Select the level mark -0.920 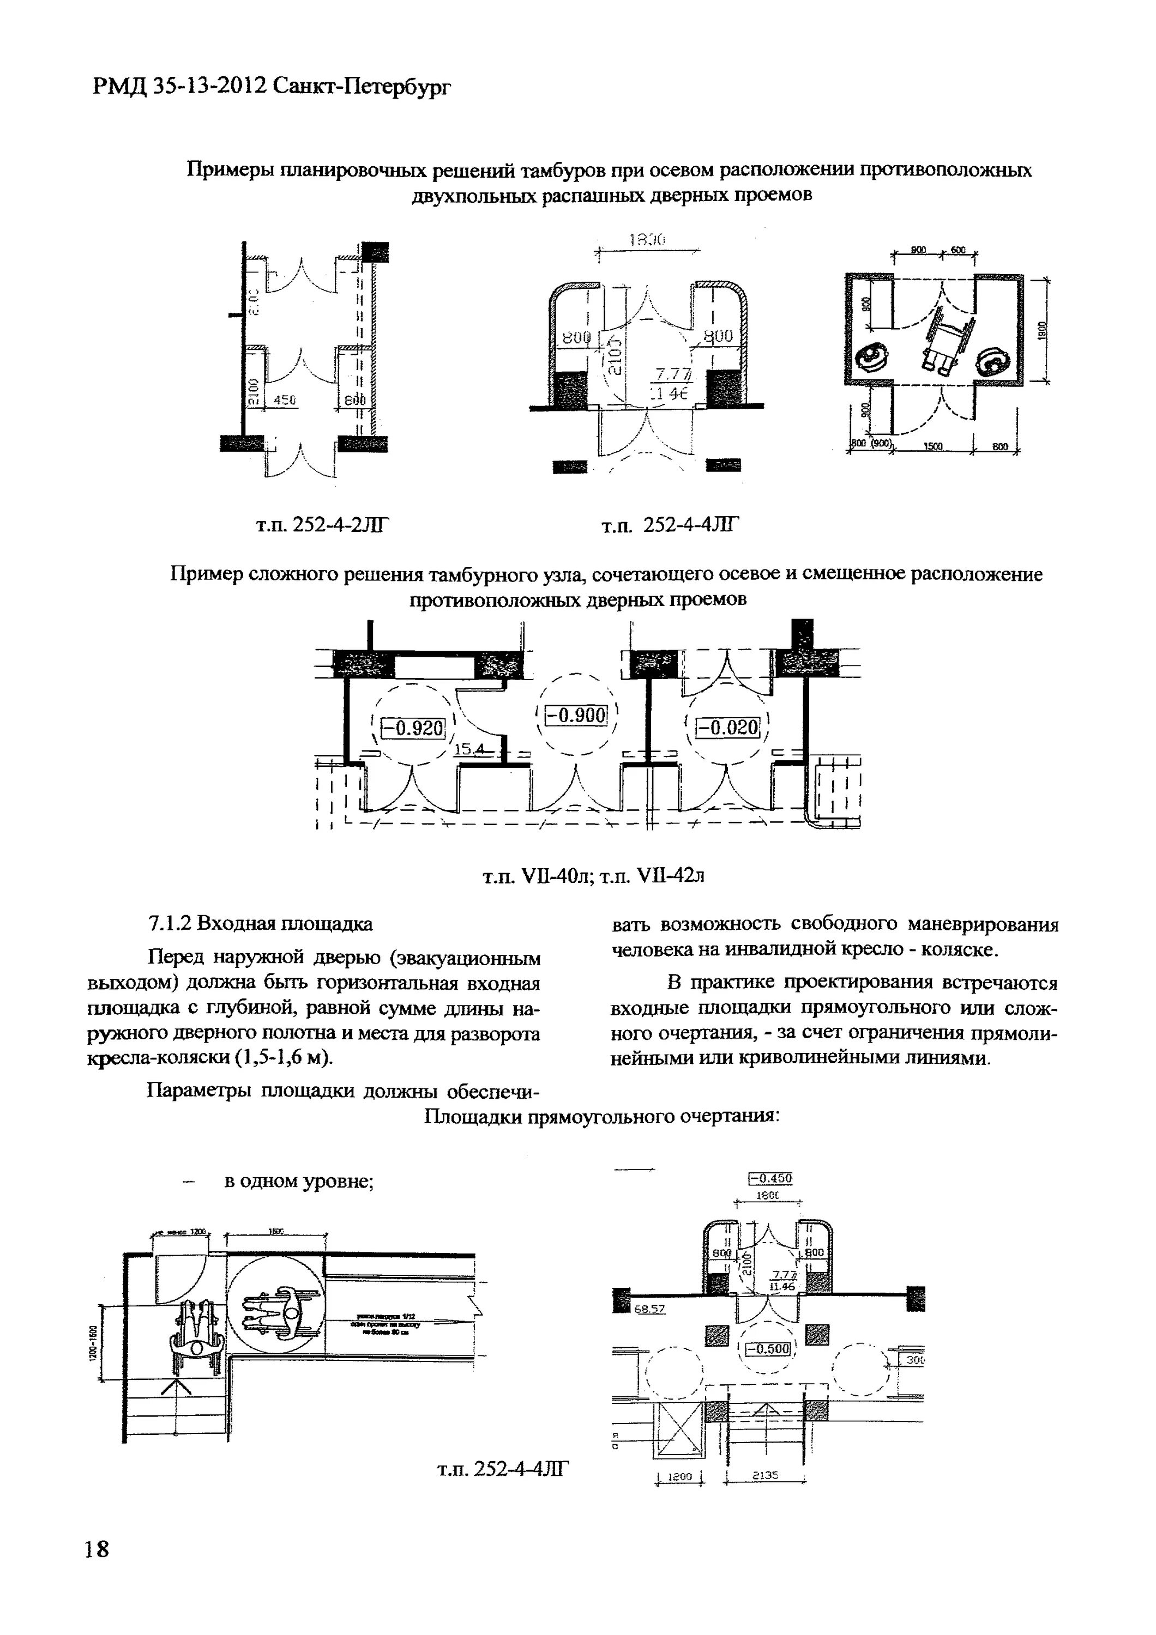pyautogui.click(x=413, y=728)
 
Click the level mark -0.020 pyautogui.click(x=727, y=727)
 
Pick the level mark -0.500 pyautogui.click(x=767, y=1348)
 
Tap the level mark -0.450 pyautogui.click(x=770, y=1178)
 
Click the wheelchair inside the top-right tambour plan pyautogui.click(x=948, y=338)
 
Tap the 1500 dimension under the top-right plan pyautogui.click(x=933, y=446)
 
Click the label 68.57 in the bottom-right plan pyautogui.click(x=649, y=1309)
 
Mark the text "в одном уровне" pyautogui.click(x=300, y=1180)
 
